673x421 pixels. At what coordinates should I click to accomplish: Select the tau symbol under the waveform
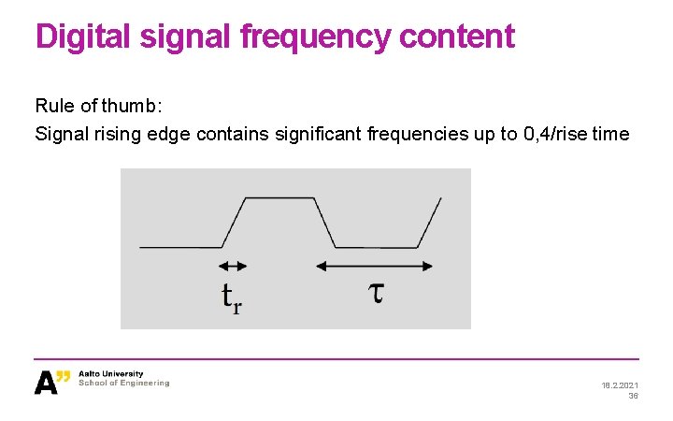[374, 293]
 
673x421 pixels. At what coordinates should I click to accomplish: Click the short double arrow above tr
[234, 267]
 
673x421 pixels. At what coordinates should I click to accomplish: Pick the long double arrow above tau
[374, 267]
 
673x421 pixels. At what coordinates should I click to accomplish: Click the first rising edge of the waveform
[234, 223]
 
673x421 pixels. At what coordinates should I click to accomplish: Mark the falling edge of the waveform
[324, 223]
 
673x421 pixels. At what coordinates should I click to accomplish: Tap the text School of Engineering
[124, 384]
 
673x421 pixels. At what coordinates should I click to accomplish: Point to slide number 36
[633, 396]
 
